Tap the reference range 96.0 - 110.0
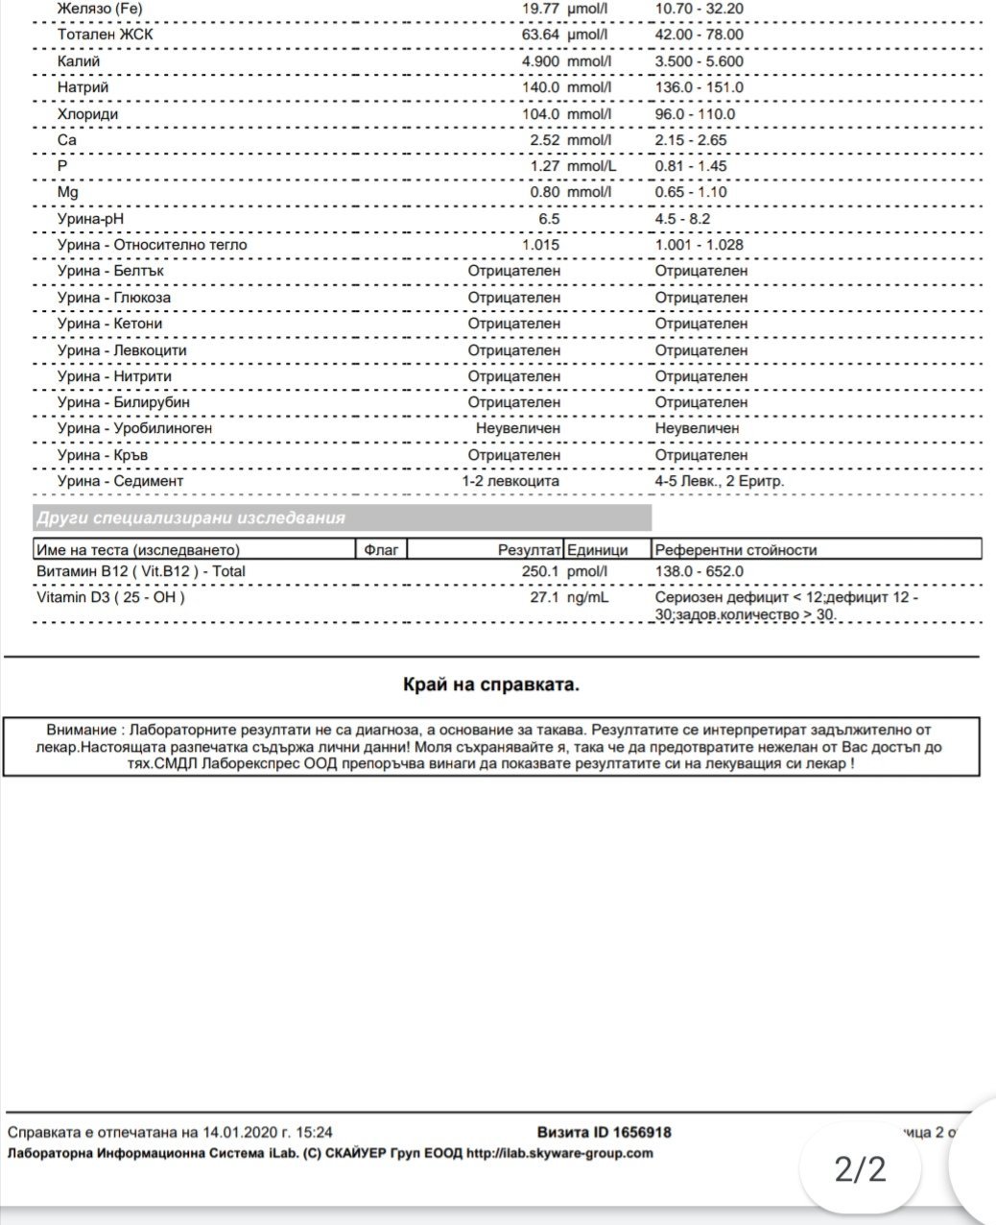click(x=695, y=114)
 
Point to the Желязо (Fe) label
click(x=101, y=9)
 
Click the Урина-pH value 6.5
click(x=549, y=219)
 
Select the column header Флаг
click(x=383, y=550)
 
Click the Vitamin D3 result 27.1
click(x=544, y=597)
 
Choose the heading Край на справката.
click(x=490, y=685)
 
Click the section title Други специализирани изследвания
click(x=190, y=518)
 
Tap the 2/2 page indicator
click(x=860, y=1169)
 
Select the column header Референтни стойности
click(x=735, y=550)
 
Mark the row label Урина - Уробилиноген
click(x=134, y=428)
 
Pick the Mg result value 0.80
click(x=544, y=192)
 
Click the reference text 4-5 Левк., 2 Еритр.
click(x=719, y=481)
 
